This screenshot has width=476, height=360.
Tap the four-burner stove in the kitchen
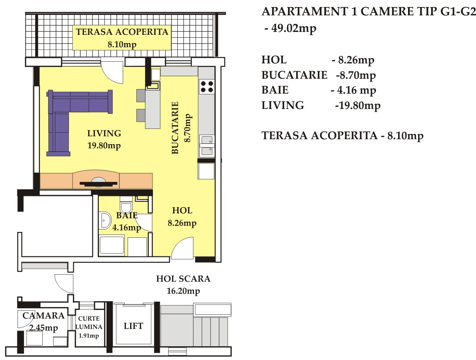207,87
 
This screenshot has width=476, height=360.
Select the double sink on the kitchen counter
207,145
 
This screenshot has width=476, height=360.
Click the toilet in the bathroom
126,205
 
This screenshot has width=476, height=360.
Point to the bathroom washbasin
105,220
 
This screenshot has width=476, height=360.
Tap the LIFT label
133,326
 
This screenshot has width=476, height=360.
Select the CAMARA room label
43,316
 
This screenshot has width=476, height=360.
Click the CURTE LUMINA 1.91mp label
89,327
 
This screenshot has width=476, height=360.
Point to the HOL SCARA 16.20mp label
184,285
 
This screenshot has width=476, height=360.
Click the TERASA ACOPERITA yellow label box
122,38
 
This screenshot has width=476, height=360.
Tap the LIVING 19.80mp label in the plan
104,139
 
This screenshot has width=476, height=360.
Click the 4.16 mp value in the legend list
356,90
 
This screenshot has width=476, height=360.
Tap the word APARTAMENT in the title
305,12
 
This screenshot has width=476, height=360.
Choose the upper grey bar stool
141,95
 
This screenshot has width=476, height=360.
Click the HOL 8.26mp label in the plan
182,217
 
